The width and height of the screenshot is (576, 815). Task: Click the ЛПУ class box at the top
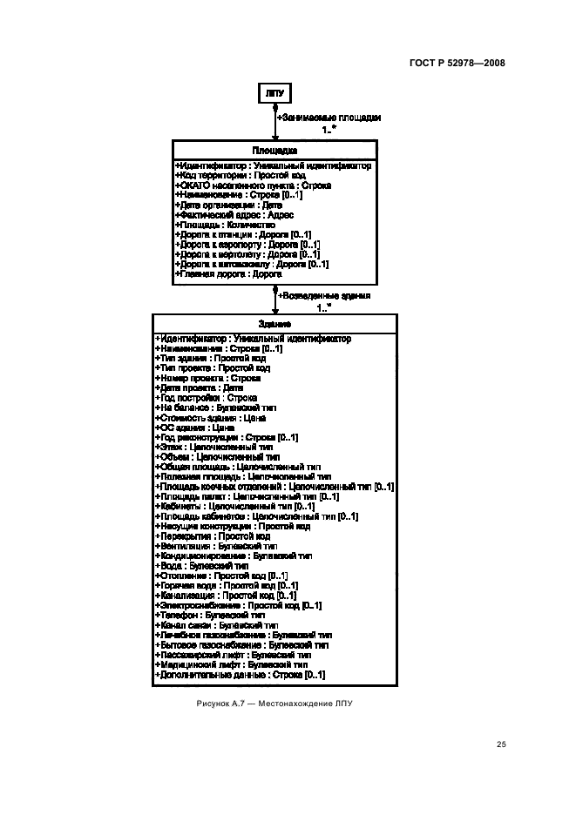pyautogui.click(x=274, y=92)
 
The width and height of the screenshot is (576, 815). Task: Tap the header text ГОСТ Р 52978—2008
pyautogui.click(x=457, y=63)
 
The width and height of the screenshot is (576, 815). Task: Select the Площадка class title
pyautogui.click(x=274, y=151)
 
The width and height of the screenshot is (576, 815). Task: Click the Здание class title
pyautogui.click(x=274, y=323)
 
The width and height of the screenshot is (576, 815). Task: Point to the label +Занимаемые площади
pyautogui.click(x=329, y=117)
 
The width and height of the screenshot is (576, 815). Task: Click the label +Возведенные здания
pyautogui.click(x=323, y=296)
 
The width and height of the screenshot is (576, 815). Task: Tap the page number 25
pyautogui.click(x=500, y=744)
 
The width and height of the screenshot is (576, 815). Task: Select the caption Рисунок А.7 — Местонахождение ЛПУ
pyautogui.click(x=274, y=704)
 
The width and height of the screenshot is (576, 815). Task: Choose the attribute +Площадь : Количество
pyautogui.click(x=225, y=225)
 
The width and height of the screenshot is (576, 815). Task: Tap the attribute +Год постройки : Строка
pyautogui.click(x=206, y=398)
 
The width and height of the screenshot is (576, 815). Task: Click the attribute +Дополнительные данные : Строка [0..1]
pyautogui.click(x=240, y=675)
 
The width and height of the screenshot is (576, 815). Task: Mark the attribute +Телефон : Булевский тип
pyautogui.click(x=213, y=615)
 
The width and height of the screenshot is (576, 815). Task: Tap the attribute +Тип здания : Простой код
pyautogui.click(x=210, y=358)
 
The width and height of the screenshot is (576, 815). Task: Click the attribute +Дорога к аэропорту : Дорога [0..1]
pyautogui.click(x=247, y=245)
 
